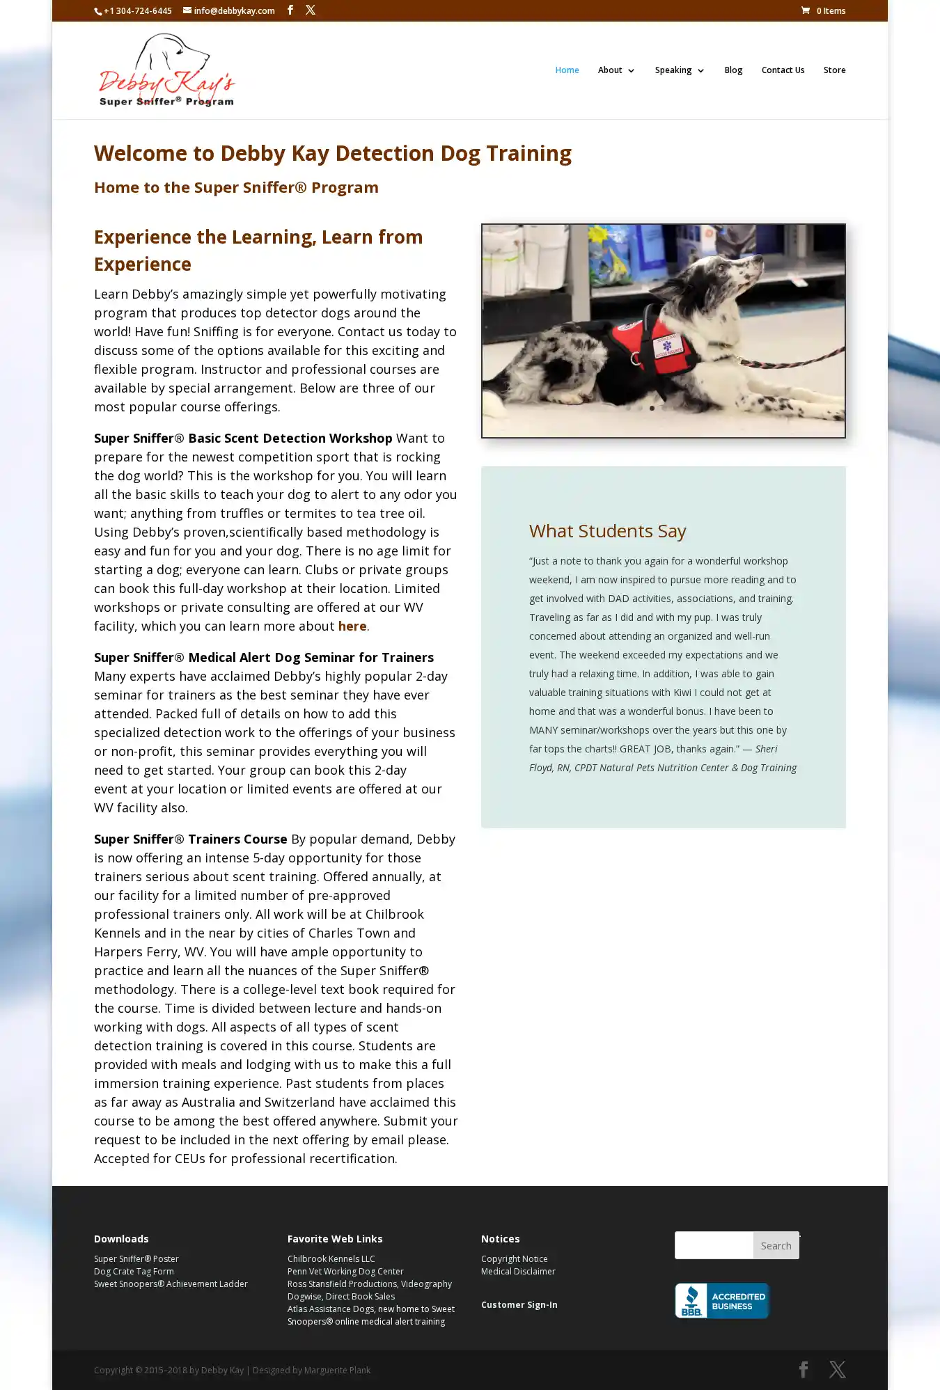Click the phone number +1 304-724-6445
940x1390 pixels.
[137, 11]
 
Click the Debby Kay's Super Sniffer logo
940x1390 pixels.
[167, 70]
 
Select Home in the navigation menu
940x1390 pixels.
[567, 70]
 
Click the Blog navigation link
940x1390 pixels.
[733, 70]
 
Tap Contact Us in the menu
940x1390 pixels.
[783, 70]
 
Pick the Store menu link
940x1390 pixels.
[834, 70]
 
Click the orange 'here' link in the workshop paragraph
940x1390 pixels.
[352, 626]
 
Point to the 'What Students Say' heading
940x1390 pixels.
[607, 531]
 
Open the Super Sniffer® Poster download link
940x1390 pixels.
[136, 1258]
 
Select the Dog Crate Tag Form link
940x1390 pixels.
[134, 1271]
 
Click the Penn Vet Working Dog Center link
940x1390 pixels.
[345, 1271]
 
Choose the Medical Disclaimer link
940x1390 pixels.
[518, 1271]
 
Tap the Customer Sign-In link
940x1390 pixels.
[519, 1304]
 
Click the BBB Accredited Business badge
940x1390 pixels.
[722, 1300]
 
